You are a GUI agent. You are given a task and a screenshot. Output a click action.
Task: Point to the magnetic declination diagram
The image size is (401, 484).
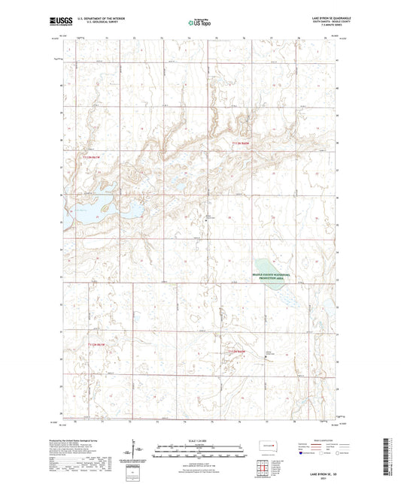click(137, 452)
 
